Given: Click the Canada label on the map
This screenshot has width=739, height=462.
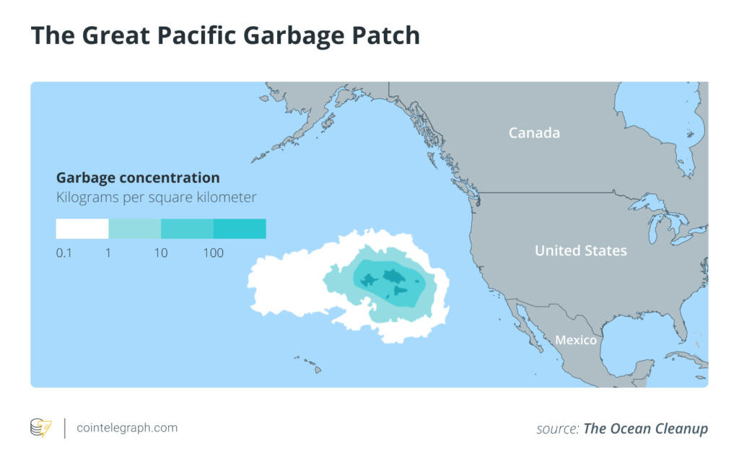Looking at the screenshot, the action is (x=534, y=133).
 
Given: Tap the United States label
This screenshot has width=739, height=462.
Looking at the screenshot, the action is (x=580, y=251).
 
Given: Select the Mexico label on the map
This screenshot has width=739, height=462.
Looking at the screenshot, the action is (x=575, y=340).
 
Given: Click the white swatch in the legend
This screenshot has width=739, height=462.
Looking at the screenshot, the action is (x=82, y=229).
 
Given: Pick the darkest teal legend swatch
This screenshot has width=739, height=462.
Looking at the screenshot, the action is (x=240, y=229).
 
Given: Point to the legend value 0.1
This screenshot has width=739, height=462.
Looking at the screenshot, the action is (x=64, y=253).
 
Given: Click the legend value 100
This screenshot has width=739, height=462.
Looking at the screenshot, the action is (x=213, y=253).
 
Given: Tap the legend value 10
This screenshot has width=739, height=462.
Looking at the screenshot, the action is (x=161, y=253).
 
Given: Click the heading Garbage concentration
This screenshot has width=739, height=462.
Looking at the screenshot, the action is (x=138, y=178).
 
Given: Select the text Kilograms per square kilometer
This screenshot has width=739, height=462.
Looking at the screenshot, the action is (x=156, y=197).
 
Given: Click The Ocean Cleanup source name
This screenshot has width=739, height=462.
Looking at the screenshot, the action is (x=645, y=429).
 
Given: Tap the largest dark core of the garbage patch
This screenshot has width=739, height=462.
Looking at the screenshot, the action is (x=393, y=275).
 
